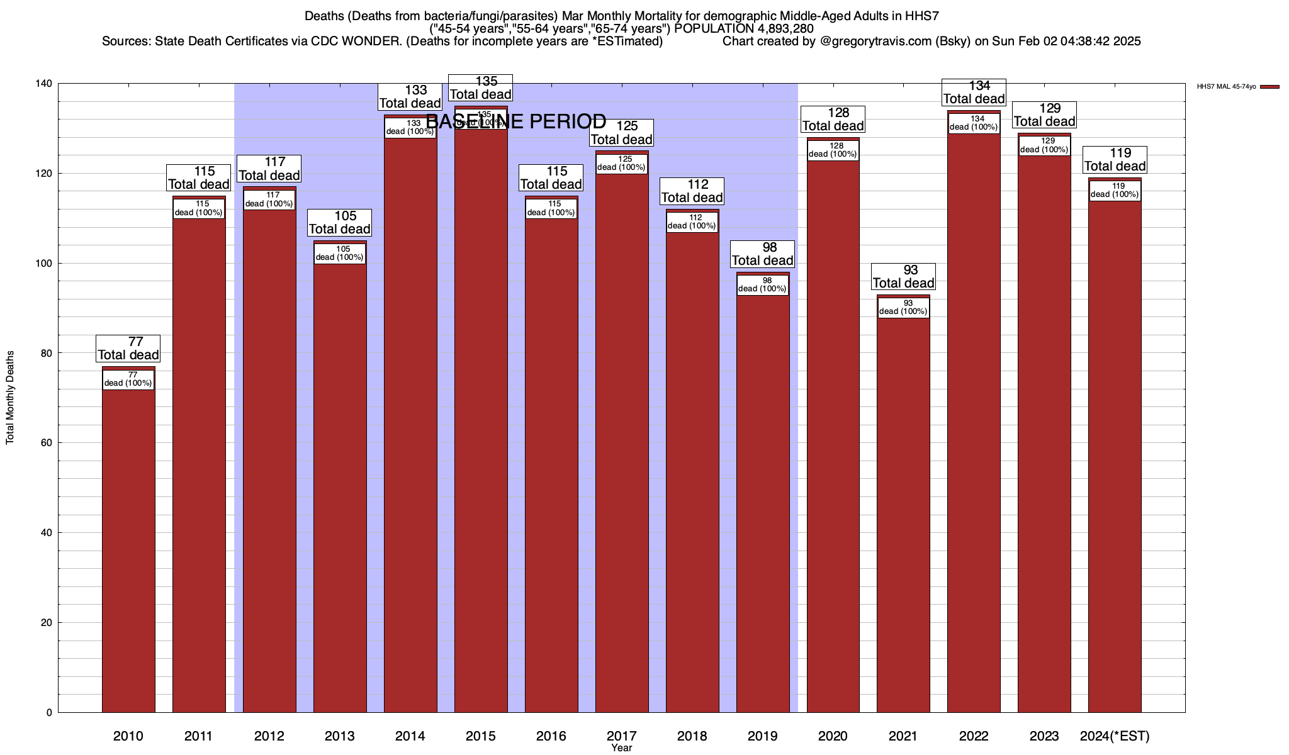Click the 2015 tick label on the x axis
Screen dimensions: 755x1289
click(480, 736)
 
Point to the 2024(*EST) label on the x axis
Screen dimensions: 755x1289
click(1115, 736)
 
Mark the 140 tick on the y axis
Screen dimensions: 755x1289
click(45, 84)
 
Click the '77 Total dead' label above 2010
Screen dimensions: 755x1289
click(128, 349)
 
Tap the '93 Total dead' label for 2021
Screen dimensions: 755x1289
click(903, 277)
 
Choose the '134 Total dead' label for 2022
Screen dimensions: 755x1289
click(974, 92)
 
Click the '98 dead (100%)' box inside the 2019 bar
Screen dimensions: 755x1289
click(762, 285)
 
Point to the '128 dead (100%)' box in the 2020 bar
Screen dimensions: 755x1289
click(833, 150)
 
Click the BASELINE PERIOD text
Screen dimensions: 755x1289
click(516, 121)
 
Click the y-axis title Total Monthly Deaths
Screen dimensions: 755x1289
click(10, 398)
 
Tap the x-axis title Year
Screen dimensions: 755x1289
click(621, 748)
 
